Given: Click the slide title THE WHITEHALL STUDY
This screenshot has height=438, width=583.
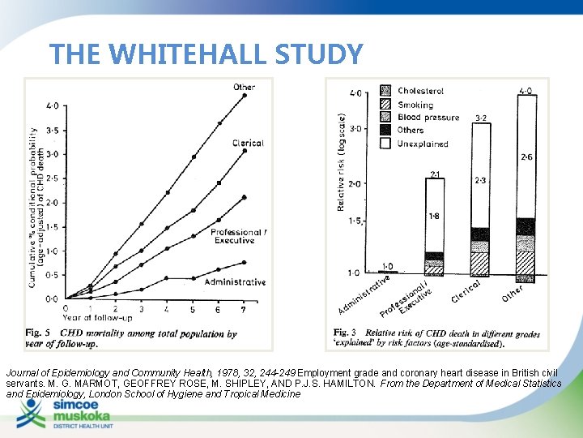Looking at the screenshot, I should pyautogui.click(x=206, y=54).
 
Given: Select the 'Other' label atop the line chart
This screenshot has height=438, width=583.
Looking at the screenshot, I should pyautogui.click(x=244, y=87).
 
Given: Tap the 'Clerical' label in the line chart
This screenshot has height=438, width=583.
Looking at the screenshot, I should pyautogui.click(x=247, y=143).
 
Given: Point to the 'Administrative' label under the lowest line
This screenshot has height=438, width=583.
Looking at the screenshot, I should pyautogui.click(x=235, y=282).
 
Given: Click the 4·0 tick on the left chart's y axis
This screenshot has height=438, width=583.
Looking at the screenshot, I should pyautogui.click(x=52, y=105).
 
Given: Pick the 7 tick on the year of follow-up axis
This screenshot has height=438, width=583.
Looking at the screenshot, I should pyautogui.click(x=245, y=309).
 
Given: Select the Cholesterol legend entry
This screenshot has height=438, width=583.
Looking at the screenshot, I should pyautogui.click(x=419, y=91).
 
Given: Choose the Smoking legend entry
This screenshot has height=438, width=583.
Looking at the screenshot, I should pyautogui.click(x=414, y=105).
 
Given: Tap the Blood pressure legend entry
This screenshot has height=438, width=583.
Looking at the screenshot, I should pyautogui.click(x=427, y=118).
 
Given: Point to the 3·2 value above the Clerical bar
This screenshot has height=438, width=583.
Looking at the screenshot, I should pyautogui.click(x=481, y=118).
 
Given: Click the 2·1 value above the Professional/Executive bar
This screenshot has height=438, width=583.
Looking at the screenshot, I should pyautogui.click(x=435, y=174).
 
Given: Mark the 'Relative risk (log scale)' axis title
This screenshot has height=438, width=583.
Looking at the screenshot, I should pyautogui.click(x=341, y=161).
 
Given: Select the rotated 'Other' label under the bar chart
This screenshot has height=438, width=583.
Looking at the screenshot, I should pyautogui.click(x=513, y=292).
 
